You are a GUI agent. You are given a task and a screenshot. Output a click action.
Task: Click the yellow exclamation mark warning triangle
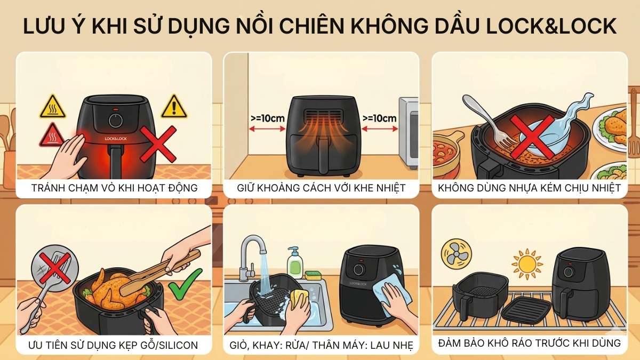(x=173, y=107)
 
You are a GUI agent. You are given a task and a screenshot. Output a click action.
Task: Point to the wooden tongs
(x=160, y=272)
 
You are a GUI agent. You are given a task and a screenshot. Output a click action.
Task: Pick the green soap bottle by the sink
(x=294, y=261)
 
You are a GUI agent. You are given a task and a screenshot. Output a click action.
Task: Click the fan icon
(x=457, y=254)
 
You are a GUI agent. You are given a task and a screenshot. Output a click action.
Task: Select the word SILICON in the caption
(x=173, y=345)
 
